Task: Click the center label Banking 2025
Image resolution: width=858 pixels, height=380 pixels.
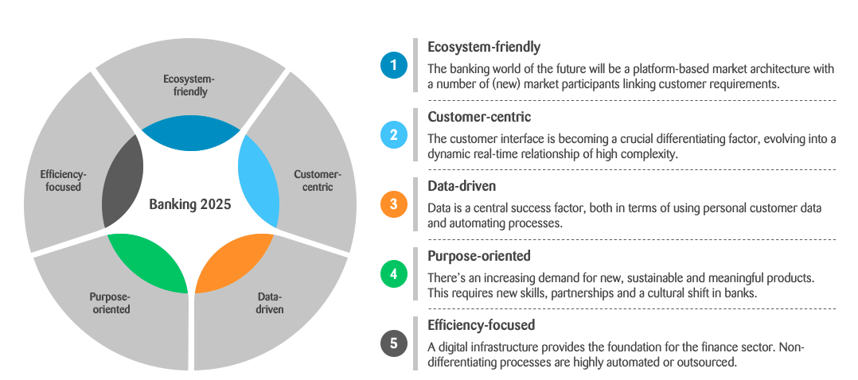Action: pos(190,204)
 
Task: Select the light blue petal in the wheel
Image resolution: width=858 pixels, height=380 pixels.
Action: pos(258,180)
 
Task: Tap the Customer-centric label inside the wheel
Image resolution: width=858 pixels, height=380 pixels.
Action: pos(318,180)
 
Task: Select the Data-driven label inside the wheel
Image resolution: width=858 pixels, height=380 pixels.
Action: pos(270,303)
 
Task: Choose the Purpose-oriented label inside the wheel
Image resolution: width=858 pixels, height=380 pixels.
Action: pos(110,303)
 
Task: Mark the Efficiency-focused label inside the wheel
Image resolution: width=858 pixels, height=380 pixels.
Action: pos(63,180)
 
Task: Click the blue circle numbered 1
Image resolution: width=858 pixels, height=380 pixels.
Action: pos(394,65)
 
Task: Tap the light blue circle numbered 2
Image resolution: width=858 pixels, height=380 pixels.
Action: pos(394,134)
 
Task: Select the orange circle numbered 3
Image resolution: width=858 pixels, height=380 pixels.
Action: pos(394,204)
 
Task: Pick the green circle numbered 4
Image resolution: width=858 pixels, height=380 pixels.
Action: pos(394,273)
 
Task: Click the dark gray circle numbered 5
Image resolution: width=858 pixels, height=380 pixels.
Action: pos(394,343)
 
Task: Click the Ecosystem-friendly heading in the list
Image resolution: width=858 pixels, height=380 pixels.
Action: pos(484,48)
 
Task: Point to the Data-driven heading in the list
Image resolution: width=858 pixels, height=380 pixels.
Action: pos(462,187)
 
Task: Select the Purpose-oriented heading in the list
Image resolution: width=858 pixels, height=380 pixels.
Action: pos(479,256)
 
